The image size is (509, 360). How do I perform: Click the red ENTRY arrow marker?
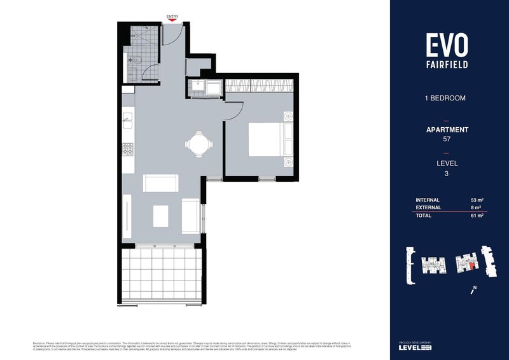[x=172, y=21]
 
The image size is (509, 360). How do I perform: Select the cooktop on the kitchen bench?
[x=127, y=150]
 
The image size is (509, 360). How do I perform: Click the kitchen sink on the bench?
[x=127, y=118]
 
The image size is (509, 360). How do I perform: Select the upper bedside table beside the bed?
[x=288, y=116]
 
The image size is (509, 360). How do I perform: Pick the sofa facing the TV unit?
[x=190, y=215]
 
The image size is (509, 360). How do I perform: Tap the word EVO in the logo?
[x=447, y=45]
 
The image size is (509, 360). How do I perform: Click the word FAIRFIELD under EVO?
[x=447, y=64]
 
